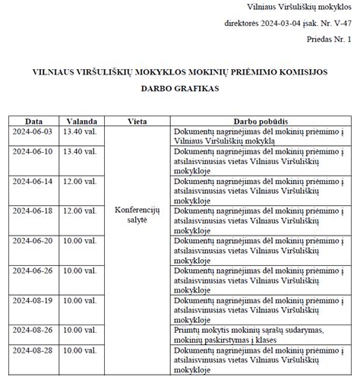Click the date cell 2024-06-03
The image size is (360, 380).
click(x=33, y=131)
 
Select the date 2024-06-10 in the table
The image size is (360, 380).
click(x=33, y=151)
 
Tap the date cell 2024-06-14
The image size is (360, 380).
click(x=33, y=181)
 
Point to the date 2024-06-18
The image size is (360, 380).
click(x=33, y=211)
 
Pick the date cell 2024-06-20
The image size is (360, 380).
click(x=33, y=240)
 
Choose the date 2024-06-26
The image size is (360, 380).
click(x=33, y=270)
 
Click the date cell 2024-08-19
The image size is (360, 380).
click(x=33, y=300)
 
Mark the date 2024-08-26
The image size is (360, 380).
click(x=33, y=330)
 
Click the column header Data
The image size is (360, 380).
click(x=33, y=122)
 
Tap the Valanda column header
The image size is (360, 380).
click(x=81, y=122)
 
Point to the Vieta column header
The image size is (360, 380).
click(x=137, y=122)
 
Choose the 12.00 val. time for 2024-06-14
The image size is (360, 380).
click(x=80, y=181)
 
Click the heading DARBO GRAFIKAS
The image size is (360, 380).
click(x=179, y=88)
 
